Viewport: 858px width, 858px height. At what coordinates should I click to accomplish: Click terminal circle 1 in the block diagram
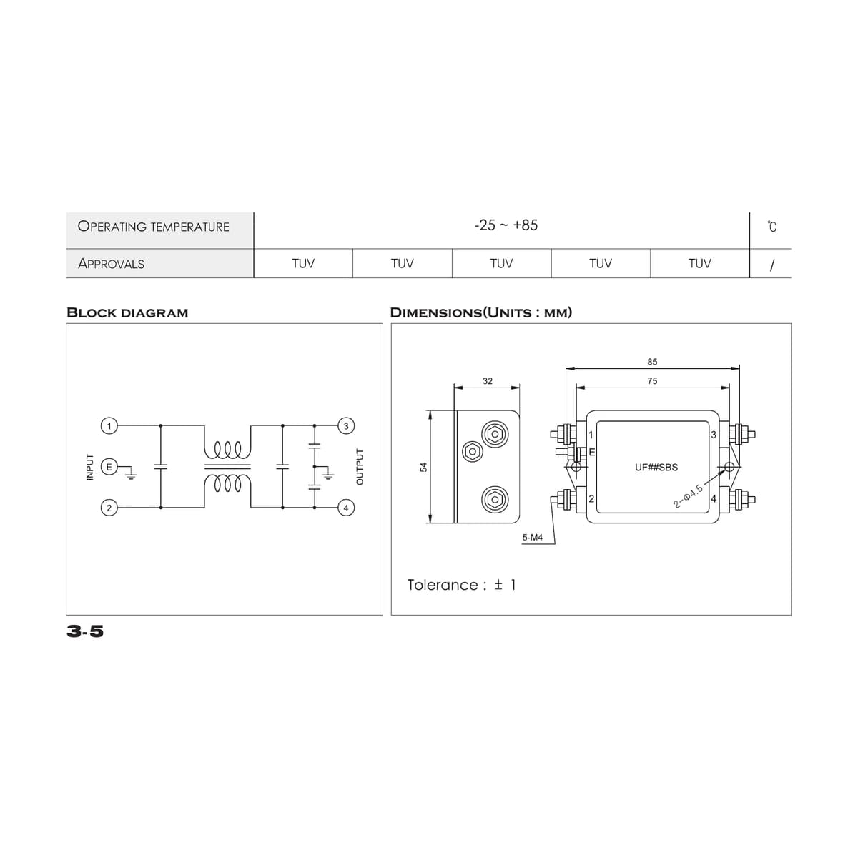tap(109, 426)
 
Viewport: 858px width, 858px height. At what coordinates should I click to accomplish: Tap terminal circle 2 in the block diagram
tap(109, 508)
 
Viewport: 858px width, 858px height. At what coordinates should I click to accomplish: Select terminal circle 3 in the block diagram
tap(346, 426)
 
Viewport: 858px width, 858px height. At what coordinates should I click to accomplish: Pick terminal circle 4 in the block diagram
tap(346, 508)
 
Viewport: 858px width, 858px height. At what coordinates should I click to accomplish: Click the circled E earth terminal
tap(109, 467)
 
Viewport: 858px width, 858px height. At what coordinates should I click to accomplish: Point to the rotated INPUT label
tap(90, 467)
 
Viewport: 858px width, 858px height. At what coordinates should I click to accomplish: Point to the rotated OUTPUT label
tap(360, 467)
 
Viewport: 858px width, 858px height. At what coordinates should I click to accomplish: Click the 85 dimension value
tap(652, 362)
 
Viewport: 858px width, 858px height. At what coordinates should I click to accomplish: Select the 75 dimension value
tap(652, 380)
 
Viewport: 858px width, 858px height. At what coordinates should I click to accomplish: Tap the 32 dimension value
tap(488, 380)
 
